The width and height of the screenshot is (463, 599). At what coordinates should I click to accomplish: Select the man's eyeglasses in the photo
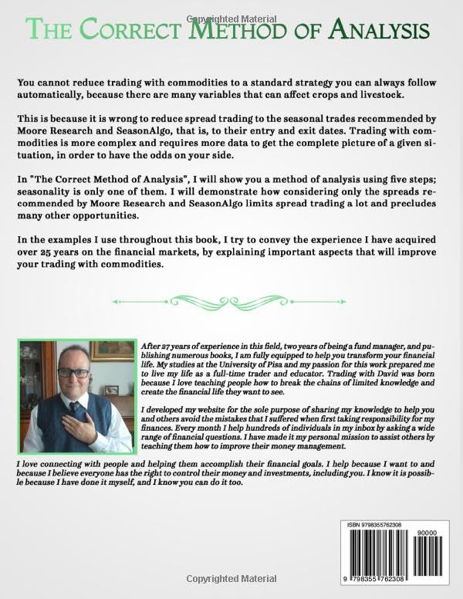point(74,371)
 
